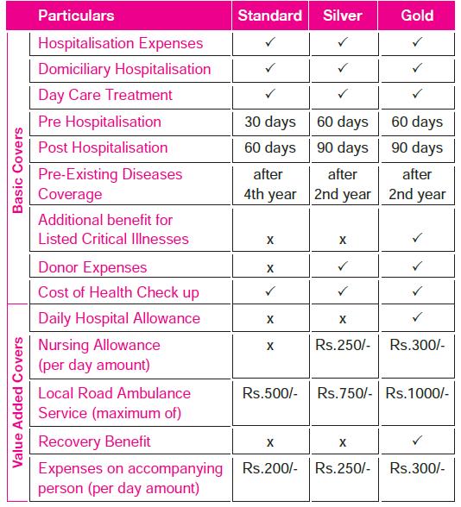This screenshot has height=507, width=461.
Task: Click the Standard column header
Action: pyautogui.click(x=270, y=16)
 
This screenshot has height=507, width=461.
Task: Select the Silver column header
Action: pyautogui.click(x=343, y=16)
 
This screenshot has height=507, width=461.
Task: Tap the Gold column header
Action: pyautogui.click(x=417, y=16)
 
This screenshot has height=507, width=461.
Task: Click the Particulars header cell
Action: pyautogui.click(x=76, y=16)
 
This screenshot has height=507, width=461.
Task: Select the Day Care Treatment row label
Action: pyautogui.click(x=105, y=95)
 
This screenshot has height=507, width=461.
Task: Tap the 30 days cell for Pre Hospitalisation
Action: pyautogui.click(x=270, y=122)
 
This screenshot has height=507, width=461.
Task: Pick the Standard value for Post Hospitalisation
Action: pyautogui.click(x=270, y=147)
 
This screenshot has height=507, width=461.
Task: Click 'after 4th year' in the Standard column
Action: pyautogui.click(x=270, y=185)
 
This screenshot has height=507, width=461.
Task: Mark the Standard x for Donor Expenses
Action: pyautogui.click(x=270, y=267)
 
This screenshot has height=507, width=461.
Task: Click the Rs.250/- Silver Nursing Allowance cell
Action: pyautogui.click(x=343, y=345)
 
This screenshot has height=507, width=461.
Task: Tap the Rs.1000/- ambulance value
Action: pyautogui.click(x=417, y=393)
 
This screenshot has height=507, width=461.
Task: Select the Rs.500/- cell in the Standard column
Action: pyautogui.click(x=270, y=393)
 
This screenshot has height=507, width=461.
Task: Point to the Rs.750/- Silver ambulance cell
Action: pyautogui.click(x=343, y=393)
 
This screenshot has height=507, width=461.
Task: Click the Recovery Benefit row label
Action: pyautogui.click(x=94, y=441)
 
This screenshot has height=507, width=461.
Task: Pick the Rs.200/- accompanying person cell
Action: pyautogui.click(x=270, y=469)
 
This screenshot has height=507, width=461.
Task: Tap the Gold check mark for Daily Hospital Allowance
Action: pyautogui.click(x=417, y=318)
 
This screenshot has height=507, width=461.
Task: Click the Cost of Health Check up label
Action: pyautogui.click(x=118, y=292)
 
